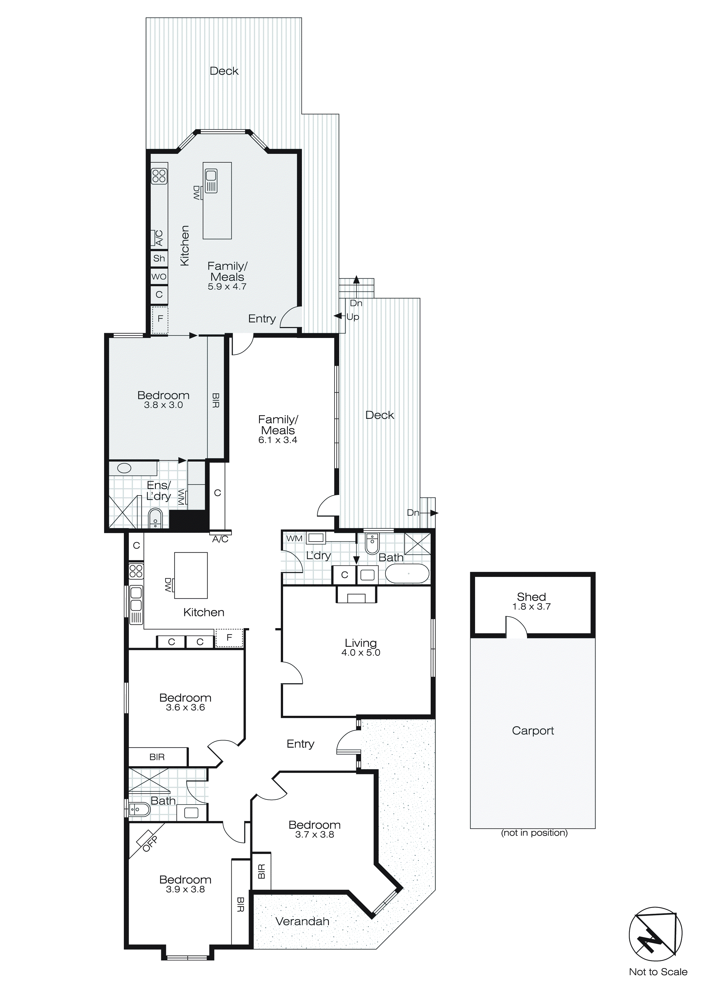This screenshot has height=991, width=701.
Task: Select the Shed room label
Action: click(531, 597)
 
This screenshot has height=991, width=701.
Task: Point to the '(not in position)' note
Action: click(534, 833)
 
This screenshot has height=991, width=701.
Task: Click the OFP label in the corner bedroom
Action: click(150, 844)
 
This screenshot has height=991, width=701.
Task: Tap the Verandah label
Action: click(302, 921)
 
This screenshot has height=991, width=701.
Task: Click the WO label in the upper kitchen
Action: click(159, 277)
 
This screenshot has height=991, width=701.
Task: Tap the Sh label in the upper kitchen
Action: click(159, 258)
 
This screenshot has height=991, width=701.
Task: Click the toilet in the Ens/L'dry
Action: click(155, 518)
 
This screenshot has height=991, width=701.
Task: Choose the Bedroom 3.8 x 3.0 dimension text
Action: click(164, 405)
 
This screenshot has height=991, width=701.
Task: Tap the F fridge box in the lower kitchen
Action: click(229, 637)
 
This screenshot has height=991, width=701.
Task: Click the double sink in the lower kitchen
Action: click(136, 598)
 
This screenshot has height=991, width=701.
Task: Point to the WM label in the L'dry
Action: click(294, 539)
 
